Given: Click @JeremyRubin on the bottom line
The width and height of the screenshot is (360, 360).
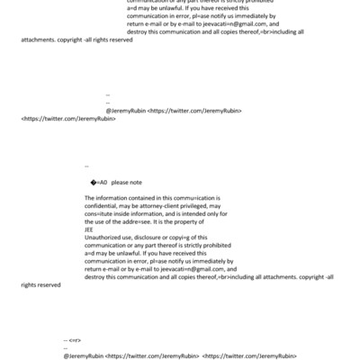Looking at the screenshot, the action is [x=84, y=355].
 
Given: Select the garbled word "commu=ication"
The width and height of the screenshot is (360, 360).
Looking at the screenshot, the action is [x=194, y=197].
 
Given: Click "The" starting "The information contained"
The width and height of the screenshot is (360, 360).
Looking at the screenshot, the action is [x=90, y=197].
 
